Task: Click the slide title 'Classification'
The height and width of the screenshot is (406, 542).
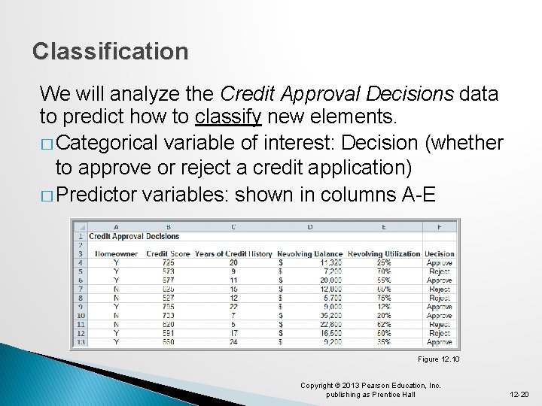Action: (111, 52)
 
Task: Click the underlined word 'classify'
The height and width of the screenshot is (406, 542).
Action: (227, 117)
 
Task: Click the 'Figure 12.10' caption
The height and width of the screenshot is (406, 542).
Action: (439, 359)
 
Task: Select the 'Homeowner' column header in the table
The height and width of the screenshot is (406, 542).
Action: (116, 254)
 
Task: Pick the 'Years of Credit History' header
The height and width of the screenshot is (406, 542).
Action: (233, 254)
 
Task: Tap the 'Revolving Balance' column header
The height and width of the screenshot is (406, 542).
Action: (309, 254)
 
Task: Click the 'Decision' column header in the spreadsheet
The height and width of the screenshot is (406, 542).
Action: (440, 254)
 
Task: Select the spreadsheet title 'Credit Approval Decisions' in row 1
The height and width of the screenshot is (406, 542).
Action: (134, 236)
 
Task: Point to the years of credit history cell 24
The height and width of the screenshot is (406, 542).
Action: (233, 342)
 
